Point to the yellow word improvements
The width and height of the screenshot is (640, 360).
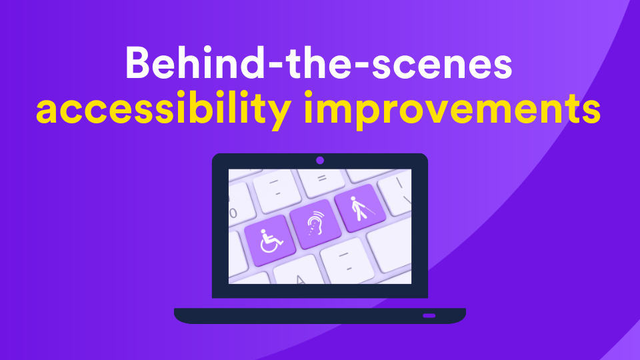point(452,109)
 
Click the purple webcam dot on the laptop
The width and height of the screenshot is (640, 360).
point(320,161)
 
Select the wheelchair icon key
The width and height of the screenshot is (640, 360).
point(269,241)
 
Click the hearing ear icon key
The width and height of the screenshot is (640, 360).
point(315,224)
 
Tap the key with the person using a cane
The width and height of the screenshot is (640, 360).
point(359,208)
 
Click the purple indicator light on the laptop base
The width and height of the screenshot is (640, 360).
point(429,315)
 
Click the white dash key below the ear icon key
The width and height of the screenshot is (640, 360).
point(347,260)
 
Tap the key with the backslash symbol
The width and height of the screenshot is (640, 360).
point(397,192)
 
